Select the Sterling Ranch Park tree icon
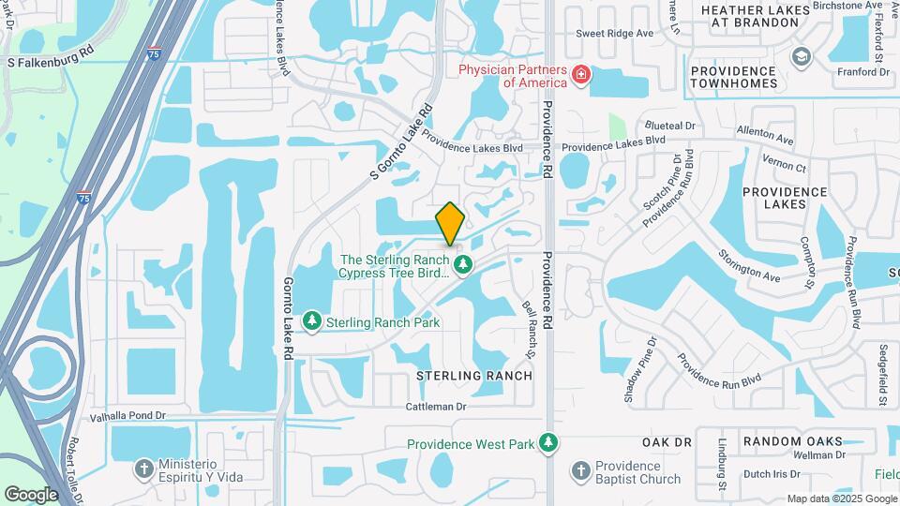click(312, 322)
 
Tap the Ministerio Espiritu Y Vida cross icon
click(143, 467)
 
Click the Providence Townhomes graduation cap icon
click(800, 57)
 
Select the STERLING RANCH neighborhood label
click(474, 375)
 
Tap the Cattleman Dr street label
click(436, 407)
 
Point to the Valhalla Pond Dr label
click(127, 415)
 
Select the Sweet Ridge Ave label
click(614, 33)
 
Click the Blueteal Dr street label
click(669, 125)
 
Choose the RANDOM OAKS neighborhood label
click(792, 440)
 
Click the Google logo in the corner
click(32, 494)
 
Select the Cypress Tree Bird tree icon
click(462, 266)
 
